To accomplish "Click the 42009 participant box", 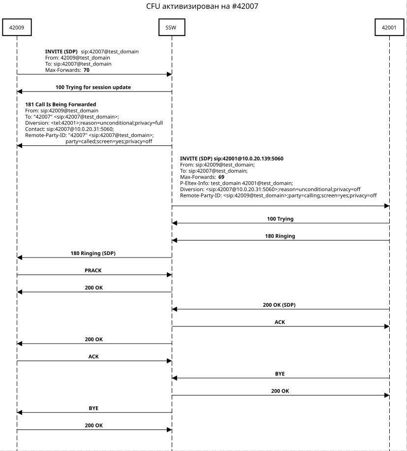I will pos(17,28).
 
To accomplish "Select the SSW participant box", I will pos(172,28).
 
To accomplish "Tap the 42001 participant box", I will pos(389,28).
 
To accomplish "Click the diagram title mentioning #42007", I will pos(202,6).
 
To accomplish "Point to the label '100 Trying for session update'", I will pos(93,87).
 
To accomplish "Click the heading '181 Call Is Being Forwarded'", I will pos(61,104).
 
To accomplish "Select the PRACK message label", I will pos(93,270).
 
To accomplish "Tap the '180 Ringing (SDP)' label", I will pos(93,253).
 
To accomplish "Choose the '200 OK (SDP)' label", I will pos(279,305).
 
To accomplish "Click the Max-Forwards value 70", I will pos(87,70).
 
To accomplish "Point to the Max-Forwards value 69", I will pos(221,176).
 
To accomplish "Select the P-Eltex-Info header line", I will pos(236,183).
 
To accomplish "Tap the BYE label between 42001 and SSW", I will pos(280,374).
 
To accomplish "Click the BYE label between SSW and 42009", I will pos(93,408).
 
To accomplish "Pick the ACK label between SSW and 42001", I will pos(280,322).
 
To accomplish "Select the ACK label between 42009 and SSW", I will pos(93,356).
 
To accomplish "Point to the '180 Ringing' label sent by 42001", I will pos(280,236).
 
